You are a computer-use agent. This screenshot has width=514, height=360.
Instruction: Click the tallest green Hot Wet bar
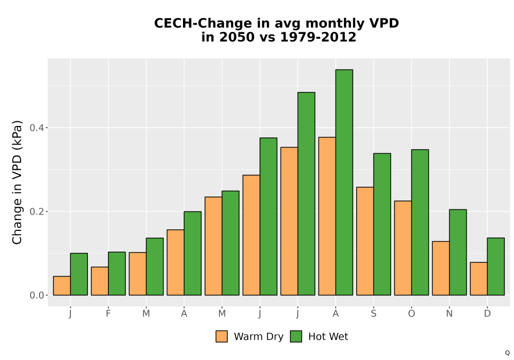[x=344, y=182]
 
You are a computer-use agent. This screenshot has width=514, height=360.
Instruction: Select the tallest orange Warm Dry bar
[x=327, y=216]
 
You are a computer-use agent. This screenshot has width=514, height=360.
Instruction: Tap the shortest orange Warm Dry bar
[x=62, y=285]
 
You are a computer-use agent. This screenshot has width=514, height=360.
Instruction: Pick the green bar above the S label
[x=382, y=224]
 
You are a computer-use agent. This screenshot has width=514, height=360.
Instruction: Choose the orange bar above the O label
[x=403, y=248]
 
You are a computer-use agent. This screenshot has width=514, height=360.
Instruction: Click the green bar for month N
[x=458, y=252]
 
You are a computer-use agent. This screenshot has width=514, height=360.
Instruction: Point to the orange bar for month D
[x=479, y=279]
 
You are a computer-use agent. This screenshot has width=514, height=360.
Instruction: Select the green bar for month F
[x=117, y=274]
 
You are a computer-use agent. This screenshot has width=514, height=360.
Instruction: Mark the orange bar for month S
[x=365, y=241]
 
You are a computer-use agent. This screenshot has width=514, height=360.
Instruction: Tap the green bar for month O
[x=420, y=222]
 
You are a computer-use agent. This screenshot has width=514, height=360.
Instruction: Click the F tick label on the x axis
[x=108, y=314]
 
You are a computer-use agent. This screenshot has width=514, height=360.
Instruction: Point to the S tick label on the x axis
[x=374, y=314]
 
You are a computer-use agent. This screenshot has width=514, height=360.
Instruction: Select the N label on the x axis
[x=449, y=314]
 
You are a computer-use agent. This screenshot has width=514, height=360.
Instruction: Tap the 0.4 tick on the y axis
[x=37, y=128]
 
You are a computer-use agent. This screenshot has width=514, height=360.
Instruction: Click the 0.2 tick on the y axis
[x=37, y=211]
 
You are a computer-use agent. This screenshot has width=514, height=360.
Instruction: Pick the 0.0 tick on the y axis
[x=37, y=295]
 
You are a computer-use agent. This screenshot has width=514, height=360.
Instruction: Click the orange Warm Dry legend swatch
[x=222, y=336]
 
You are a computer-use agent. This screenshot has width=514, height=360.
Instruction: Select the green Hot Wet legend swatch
[x=296, y=336]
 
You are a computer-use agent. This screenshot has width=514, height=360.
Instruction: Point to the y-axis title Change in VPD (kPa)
[x=17, y=182]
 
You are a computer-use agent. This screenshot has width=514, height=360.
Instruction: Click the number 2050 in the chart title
[x=236, y=37]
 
